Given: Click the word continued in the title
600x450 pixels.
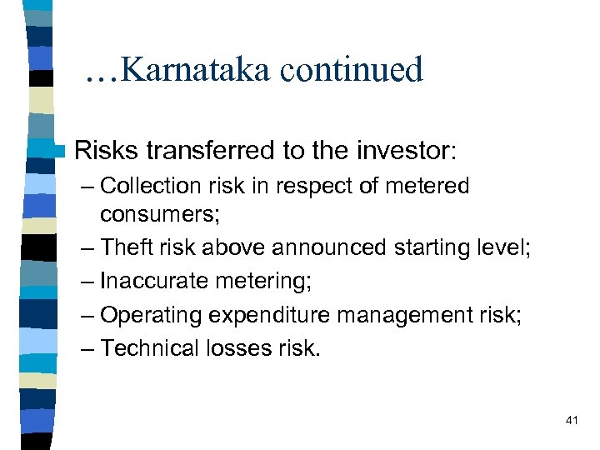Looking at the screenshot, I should click(352, 70).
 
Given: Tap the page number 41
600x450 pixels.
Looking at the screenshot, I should click(571, 421).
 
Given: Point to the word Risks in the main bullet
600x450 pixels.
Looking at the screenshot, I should click(107, 151).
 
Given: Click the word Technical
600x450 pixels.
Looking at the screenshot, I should click(147, 348).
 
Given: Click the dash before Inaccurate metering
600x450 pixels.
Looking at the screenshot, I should click(87, 281).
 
